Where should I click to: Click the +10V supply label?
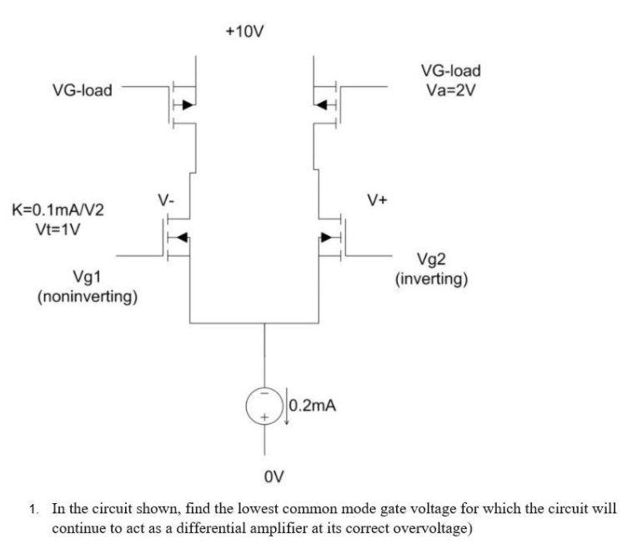(246, 31)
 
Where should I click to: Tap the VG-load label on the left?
(83, 89)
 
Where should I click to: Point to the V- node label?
(167, 201)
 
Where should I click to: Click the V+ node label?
(377, 200)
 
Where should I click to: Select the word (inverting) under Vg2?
(434, 279)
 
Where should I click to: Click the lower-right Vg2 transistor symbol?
(332, 236)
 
